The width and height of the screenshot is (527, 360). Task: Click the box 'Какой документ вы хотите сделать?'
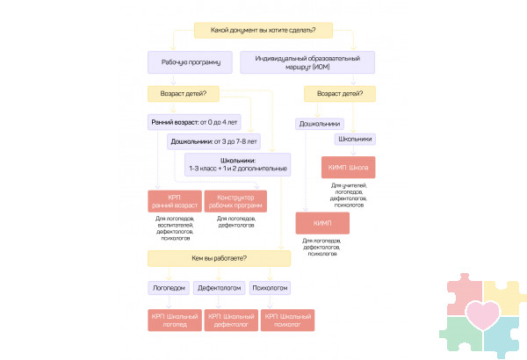(x=263, y=31)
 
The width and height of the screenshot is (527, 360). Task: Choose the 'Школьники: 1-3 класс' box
(x=235, y=163)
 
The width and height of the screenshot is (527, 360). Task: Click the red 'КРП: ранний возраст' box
(x=177, y=201)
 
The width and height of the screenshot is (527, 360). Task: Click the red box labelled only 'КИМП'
(x=322, y=224)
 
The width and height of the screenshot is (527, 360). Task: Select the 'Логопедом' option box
(x=169, y=287)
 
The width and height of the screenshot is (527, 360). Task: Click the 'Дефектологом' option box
(x=220, y=287)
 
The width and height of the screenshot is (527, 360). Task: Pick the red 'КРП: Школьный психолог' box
(x=288, y=320)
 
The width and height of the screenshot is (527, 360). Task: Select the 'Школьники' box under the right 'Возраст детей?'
(x=354, y=139)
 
